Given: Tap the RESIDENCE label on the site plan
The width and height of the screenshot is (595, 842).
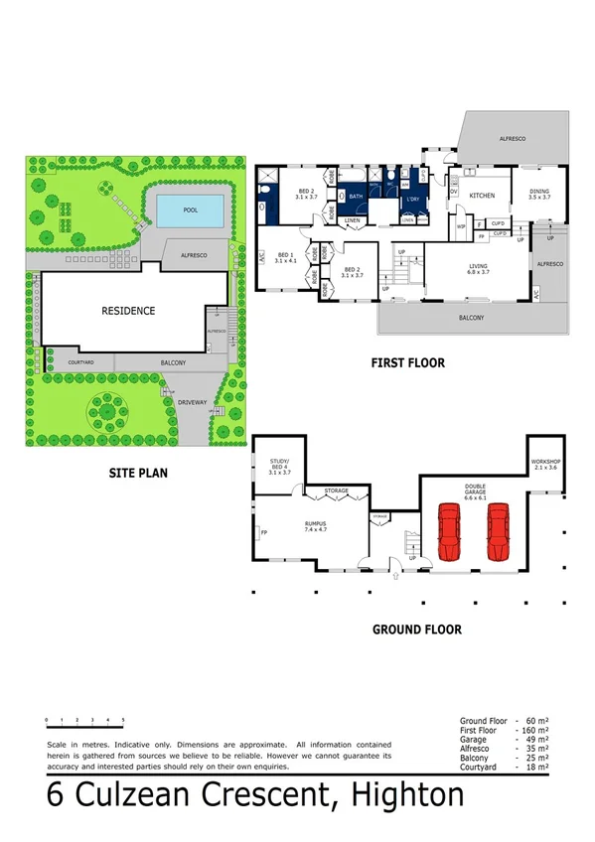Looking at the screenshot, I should click(128, 311).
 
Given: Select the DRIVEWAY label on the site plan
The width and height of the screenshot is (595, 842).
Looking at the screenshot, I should click(193, 401).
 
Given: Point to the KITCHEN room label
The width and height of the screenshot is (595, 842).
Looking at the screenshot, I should click(482, 196).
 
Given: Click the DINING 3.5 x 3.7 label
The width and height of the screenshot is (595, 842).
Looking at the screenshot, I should click(538, 195).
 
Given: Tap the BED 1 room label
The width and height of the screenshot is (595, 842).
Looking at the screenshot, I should click(284, 259).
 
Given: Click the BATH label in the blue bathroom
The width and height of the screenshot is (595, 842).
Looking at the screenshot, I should click(356, 197).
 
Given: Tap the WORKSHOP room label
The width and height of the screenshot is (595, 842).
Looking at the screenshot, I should click(546, 464).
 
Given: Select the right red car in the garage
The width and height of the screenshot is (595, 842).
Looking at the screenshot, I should click(498, 535).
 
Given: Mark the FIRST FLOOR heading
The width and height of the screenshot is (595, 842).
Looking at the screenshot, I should click(407, 363).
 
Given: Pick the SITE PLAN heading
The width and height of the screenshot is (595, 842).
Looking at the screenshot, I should click(137, 474).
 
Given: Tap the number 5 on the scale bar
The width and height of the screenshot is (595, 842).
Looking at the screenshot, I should click(123, 719).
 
